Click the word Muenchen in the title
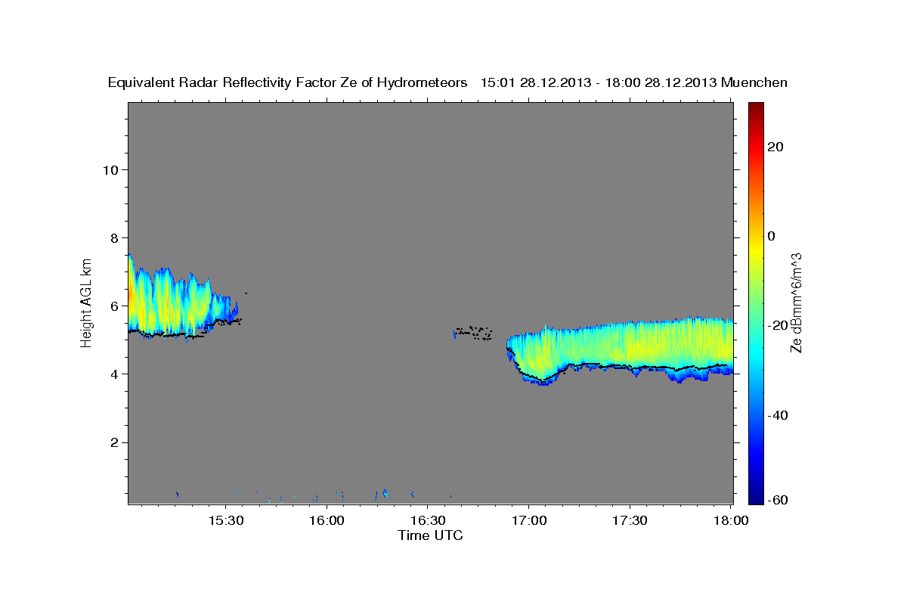coord(754,82)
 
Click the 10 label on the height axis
coord(110,169)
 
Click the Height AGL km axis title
coord(87,302)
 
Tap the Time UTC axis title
coord(430,535)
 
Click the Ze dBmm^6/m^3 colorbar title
coord(796,302)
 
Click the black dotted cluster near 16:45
coord(473,332)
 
